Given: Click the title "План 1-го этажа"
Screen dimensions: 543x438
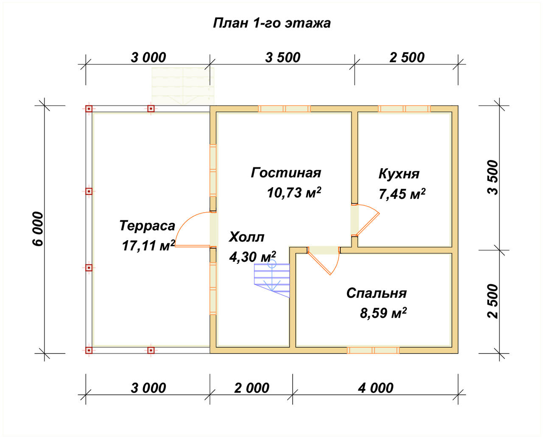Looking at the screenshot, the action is (272, 23).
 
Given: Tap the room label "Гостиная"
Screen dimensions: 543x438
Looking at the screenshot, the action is (286, 173).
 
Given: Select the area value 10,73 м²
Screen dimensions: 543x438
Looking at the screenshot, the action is (294, 192).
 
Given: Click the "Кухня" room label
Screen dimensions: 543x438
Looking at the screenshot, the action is (399, 175).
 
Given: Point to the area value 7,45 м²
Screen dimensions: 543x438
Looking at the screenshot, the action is (402, 194).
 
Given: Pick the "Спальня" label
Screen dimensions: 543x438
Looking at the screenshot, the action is (376, 293).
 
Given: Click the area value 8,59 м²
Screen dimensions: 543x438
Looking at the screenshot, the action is (383, 313).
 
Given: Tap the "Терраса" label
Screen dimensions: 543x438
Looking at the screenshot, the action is (147, 226).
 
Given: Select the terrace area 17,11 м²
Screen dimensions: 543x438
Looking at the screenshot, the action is (148, 245).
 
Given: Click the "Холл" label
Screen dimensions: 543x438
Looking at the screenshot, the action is (246, 237).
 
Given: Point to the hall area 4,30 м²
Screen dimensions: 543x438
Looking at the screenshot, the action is (252, 257).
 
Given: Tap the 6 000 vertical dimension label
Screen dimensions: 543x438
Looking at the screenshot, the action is (38, 229).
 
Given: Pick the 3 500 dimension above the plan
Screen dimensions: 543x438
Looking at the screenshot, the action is (283, 57).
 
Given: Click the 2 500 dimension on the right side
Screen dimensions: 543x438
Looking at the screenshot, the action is (493, 301).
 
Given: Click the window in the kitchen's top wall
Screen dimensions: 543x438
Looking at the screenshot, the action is (404, 109).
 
